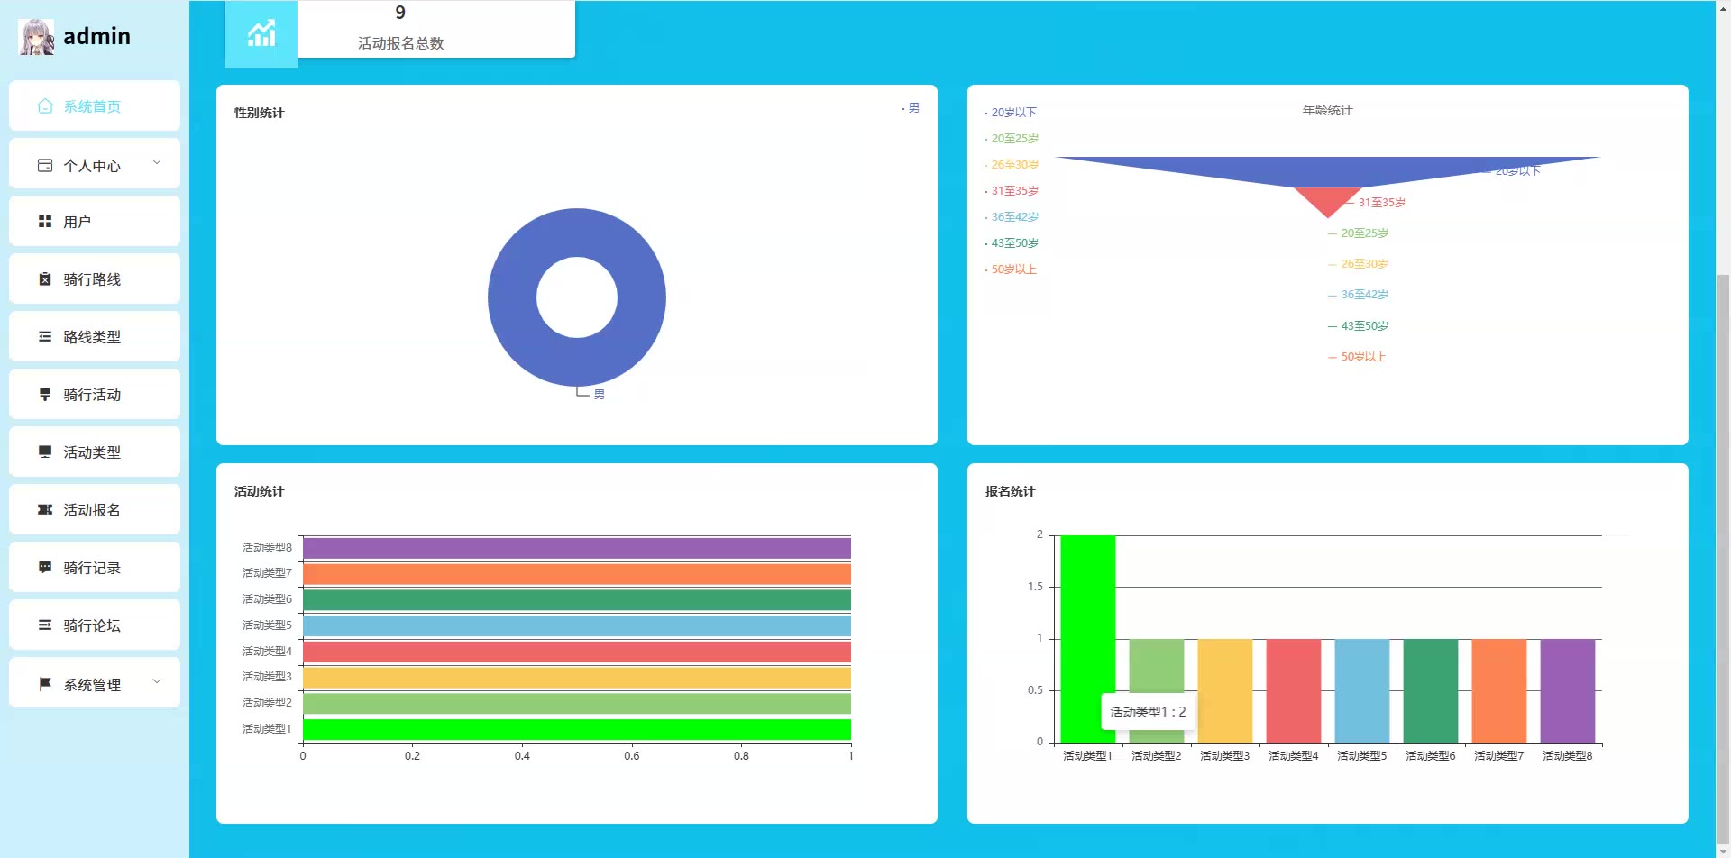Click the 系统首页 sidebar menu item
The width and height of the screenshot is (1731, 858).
(94, 106)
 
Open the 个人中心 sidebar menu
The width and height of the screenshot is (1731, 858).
(94, 165)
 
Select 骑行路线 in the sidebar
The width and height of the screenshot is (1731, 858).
(94, 279)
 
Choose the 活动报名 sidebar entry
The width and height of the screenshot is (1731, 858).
(94, 510)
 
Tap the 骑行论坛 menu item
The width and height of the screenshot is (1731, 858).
(94, 625)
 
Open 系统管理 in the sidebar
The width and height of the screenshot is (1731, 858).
(94, 685)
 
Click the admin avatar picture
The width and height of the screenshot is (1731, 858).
(36, 37)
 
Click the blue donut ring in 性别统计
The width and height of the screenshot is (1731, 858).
(510, 297)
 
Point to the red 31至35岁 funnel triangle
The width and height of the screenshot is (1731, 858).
(1327, 199)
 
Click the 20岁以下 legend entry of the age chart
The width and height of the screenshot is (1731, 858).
(1013, 113)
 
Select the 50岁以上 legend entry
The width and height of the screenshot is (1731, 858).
(1013, 269)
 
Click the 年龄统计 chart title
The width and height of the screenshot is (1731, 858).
(1327, 110)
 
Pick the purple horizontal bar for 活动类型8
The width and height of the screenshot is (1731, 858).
(577, 548)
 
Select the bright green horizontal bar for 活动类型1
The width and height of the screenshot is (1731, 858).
(577, 729)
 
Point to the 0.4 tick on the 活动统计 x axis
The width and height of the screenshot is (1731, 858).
(522, 755)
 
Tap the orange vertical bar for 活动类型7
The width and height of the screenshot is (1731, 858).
(1498, 690)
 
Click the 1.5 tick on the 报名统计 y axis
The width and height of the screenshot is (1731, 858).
(1035, 587)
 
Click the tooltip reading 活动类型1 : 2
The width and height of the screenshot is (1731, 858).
(1148, 712)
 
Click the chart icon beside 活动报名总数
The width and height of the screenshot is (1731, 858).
(261, 34)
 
